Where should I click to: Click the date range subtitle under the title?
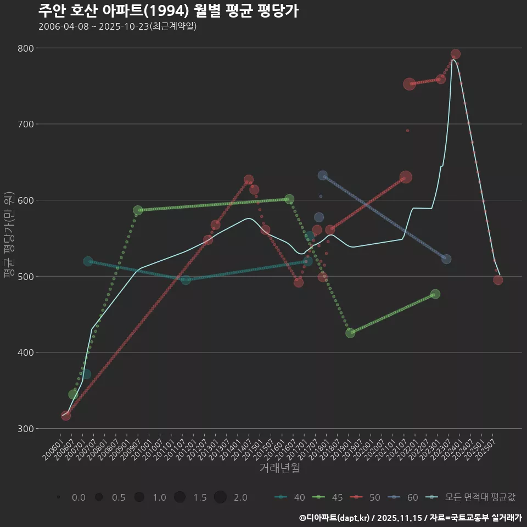pyautogui.click(x=117, y=26)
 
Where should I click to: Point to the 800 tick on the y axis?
pyautogui.click(x=26, y=48)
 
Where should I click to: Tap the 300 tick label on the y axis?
pyautogui.click(x=26, y=428)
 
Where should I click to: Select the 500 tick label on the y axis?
pyautogui.click(x=26, y=276)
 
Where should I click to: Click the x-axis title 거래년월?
pyautogui.click(x=279, y=468)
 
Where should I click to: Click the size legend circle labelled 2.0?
pyautogui.click(x=220, y=497)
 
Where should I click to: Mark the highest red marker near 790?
pyautogui.click(x=455, y=54)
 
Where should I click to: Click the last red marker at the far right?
pyautogui.click(x=498, y=280)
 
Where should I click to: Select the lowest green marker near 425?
pyautogui.click(x=350, y=333)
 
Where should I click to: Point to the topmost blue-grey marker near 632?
pyautogui.click(x=323, y=176)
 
